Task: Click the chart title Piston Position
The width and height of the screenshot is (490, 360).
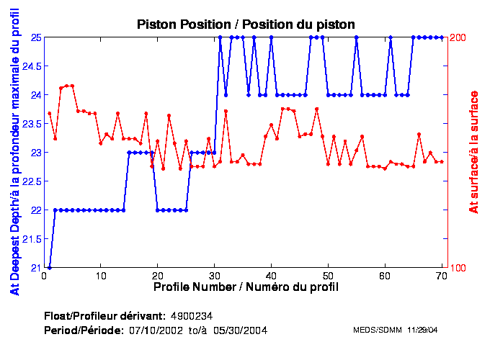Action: coord(246,24)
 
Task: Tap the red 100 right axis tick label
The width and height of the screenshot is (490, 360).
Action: coord(459,267)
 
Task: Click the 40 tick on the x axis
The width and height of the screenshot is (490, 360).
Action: coord(271,275)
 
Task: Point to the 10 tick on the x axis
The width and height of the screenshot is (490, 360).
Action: coord(101,275)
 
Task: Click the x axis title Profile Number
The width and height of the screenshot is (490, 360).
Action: coord(246,287)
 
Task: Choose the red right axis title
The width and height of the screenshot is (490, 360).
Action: coord(474,152)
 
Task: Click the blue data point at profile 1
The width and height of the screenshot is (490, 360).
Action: coord(49,267)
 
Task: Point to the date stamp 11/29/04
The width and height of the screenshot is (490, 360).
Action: coord(423,330)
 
